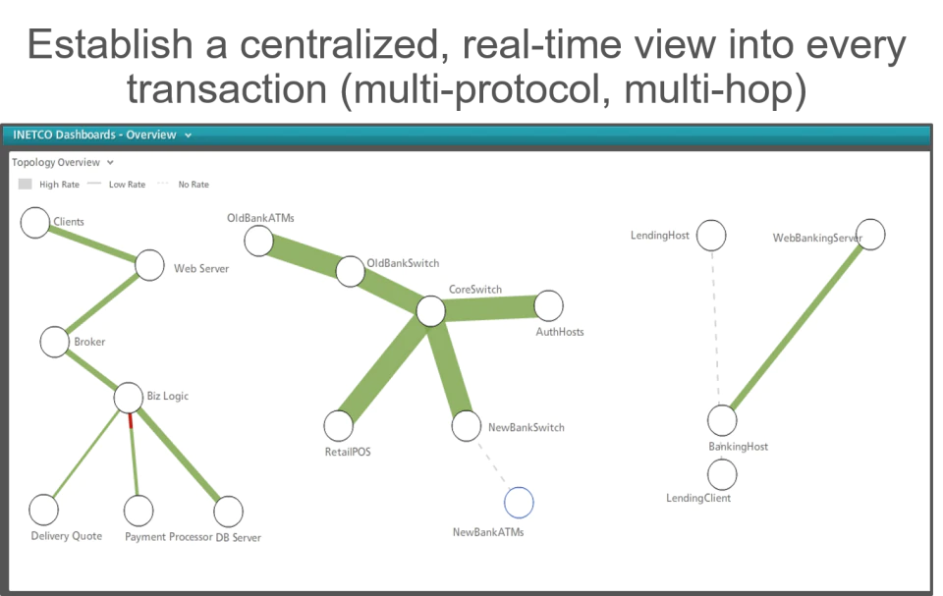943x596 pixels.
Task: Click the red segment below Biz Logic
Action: click(131, 421)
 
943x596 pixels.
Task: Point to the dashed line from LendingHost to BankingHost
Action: click(716, 328)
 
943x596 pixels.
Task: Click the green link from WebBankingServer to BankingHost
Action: click(797, 327)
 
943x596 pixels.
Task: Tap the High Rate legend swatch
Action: click(25, 184)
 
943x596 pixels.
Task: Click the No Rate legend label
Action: click(194, 185)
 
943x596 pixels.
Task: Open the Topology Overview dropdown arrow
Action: click(110, 162)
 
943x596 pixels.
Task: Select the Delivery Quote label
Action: click(66, 536)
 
